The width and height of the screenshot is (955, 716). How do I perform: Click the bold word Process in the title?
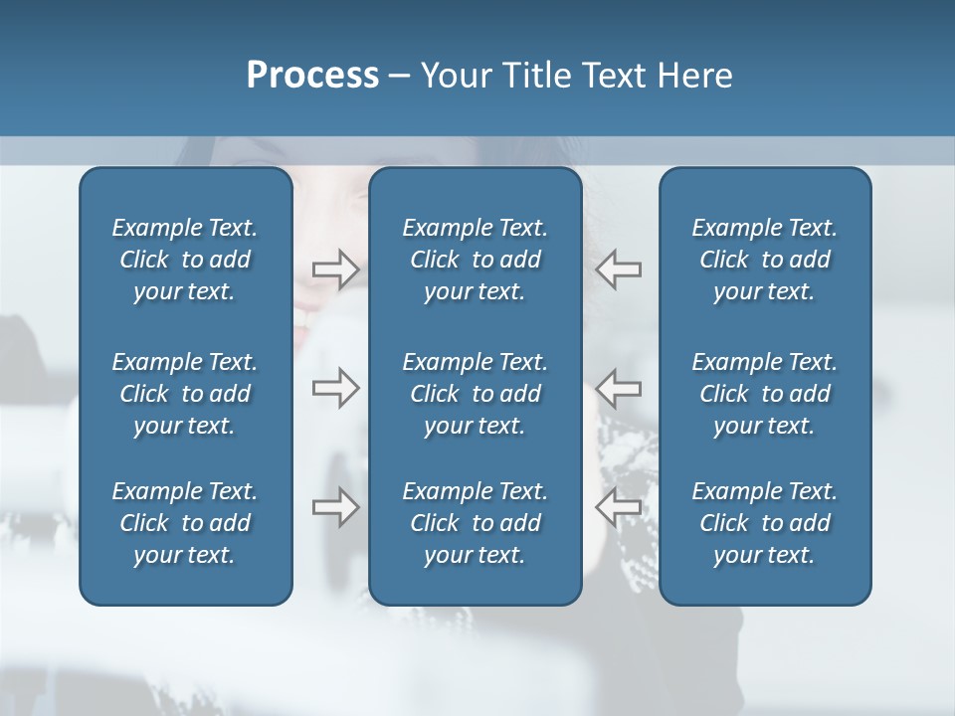point(312,76)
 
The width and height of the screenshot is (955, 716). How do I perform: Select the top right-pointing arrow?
point(335,268)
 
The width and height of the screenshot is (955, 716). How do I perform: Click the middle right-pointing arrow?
point(335,387)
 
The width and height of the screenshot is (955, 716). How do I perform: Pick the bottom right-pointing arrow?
point(335,506)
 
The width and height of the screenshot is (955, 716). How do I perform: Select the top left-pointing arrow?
point(618,268)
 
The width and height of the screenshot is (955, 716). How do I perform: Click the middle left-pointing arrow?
point(618,387)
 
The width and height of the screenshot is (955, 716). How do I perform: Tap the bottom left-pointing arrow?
point(618,506)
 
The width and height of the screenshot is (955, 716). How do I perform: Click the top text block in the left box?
point(185,260)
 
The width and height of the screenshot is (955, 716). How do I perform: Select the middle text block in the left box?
point(185,394)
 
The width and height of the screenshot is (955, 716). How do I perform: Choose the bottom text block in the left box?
point(185,523)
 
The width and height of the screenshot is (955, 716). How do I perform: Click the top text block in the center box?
point(476,260)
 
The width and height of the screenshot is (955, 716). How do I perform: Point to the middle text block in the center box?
point(476,394)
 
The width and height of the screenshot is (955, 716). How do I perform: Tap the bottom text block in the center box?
point(476,523)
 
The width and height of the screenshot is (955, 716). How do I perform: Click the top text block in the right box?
point(765,260)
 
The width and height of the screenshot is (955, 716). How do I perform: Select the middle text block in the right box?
point(765,394)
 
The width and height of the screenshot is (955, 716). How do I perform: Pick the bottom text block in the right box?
point(765,523)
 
